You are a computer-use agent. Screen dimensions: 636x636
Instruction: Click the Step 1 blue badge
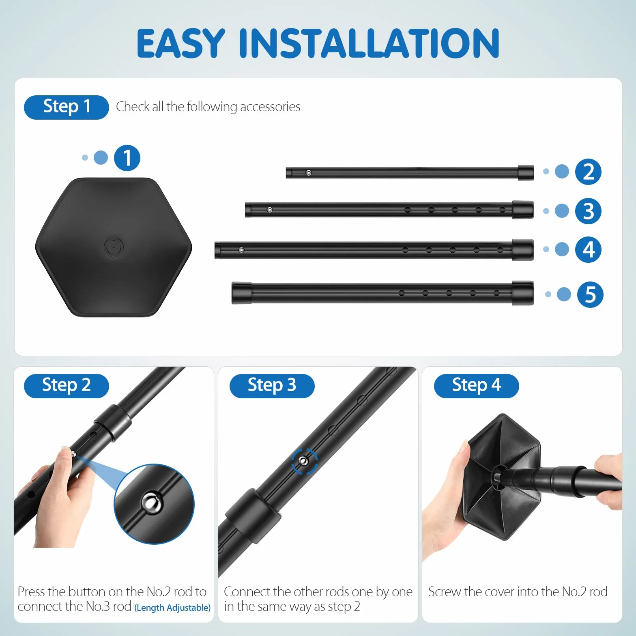pyautogui.click(x=67, y=107)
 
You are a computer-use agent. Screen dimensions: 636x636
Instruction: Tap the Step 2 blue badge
pyautogui.click(x=67, y=386)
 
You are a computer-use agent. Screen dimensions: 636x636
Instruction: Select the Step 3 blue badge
pyautogui.click(x=272, y=386)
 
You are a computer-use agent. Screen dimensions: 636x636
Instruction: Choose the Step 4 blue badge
pyautogui.click(x=476, y=386)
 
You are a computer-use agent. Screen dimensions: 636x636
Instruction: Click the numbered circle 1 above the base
pyautogui.click(x=127, y=158)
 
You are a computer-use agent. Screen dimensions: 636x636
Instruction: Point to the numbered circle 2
pyautogui.click(x=588, y=172)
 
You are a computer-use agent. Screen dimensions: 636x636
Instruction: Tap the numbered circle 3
pyautogui.click(x=588, y=211)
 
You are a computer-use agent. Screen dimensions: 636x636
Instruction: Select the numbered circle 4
pyautogui.click(x=588, y=249)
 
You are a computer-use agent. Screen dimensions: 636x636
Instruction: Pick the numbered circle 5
pyautogui.click(x=590, y=294)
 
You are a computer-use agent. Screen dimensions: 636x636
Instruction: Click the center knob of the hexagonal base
pyautogui.click(x=114, y=247)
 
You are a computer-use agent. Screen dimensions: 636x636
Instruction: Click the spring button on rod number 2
pyautogui.click(x=309, y=173)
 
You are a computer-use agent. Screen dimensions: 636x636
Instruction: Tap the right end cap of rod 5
pyautogui.click(x=523, y=292)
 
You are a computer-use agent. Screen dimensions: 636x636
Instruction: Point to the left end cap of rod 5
pyautogui.click(x=241, y=293)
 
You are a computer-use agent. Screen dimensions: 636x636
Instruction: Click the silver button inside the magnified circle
pyautogui.click(x=151, y=503)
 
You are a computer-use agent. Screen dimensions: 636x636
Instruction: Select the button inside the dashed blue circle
pyautogui.click(x=304, y=461)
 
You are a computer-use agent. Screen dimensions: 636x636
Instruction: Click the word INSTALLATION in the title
pyautogui.click(x=369, y=43)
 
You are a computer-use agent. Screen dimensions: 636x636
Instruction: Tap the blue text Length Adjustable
pyautogui.click(x=172, y=608)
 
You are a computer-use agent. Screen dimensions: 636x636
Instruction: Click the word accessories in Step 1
pyautogui.click(x=270, y=107)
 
